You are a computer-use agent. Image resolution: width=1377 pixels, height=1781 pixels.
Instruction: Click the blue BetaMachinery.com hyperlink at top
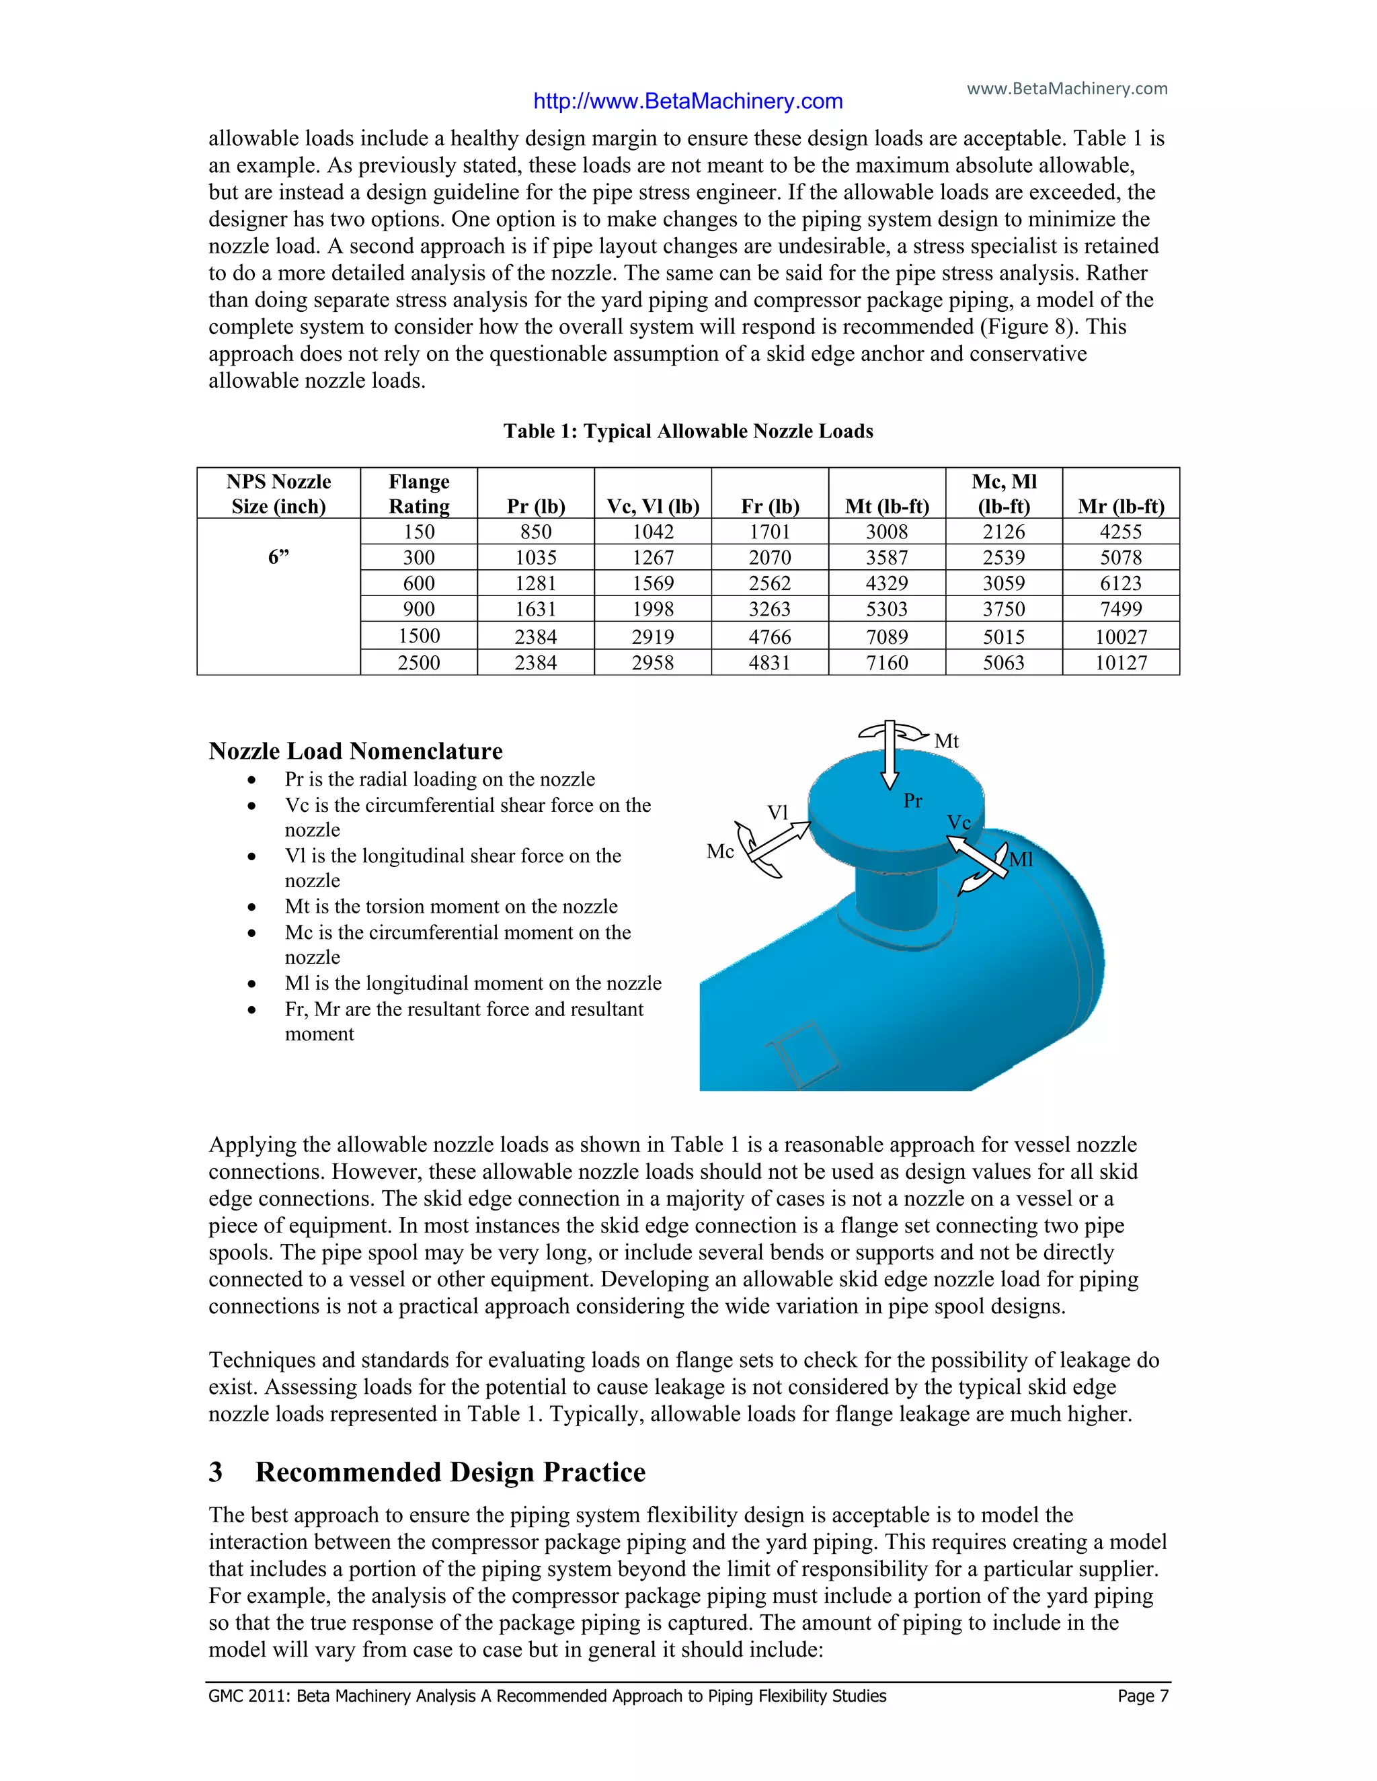[688, 101]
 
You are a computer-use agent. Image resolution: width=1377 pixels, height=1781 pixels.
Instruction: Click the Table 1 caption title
[688, 431]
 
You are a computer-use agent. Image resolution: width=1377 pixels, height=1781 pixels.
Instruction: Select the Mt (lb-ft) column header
[887, 507]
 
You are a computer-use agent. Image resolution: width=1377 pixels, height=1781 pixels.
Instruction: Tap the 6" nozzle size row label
[278, 558]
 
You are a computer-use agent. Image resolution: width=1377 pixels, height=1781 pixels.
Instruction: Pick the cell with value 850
[535, 532]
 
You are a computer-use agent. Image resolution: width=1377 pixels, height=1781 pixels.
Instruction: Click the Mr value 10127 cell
[1120, 663]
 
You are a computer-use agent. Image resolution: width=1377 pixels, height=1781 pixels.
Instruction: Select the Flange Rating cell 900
[418, 609]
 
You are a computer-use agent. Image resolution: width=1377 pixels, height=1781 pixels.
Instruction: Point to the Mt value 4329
[887, 584]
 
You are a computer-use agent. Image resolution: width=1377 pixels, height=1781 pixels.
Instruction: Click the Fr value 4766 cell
[769, 637]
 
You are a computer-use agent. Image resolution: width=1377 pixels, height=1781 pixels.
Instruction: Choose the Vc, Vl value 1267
[653, 558]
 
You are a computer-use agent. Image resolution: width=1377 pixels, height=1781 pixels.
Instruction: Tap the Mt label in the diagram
[946, 741]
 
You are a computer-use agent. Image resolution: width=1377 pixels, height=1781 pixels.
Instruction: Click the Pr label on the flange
[913, 801]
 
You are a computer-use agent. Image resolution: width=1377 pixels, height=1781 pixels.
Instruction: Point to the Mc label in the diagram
[720, 852]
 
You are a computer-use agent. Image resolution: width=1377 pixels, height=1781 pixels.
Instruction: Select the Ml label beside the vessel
[1021, 860]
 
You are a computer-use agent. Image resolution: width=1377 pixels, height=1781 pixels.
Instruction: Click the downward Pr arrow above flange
[889, 758]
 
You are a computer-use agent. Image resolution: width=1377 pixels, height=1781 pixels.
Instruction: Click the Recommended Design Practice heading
[450, 1473]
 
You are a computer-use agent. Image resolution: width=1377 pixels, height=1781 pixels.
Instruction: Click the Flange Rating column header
[418, 494]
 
